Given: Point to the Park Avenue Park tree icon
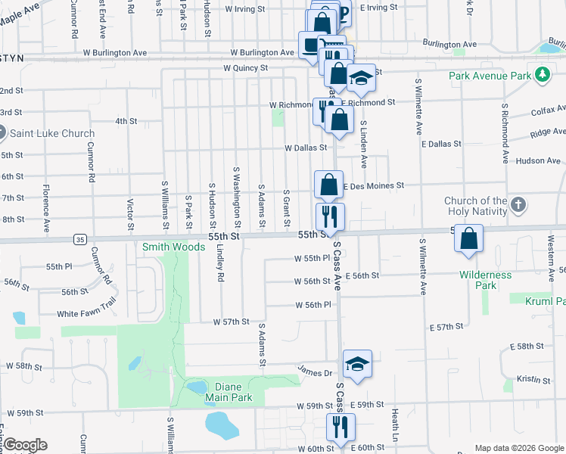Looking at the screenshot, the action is coord(542,75).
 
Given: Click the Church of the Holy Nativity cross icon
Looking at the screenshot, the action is coord(518,205).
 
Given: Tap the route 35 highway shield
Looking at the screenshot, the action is coord(79,239).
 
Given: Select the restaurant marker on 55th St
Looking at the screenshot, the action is coord(330,216).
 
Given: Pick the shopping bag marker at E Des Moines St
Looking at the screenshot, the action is coord(329,184).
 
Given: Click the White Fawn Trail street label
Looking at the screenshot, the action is coord(86,313).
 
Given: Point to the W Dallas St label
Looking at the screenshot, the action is coord(305,148).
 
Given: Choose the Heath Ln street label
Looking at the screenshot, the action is coord(394,428).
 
